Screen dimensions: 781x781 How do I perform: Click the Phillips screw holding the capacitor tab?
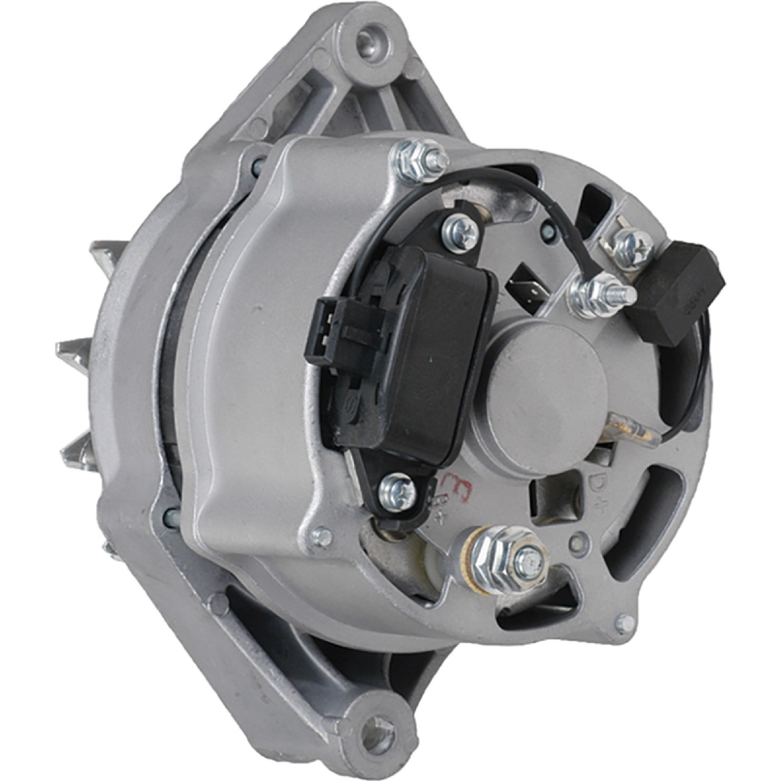click(x=632, y=247)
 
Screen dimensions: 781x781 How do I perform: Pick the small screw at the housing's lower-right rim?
click(x=624, y=623)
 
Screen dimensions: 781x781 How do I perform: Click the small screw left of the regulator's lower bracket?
click(x=322, y=536)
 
